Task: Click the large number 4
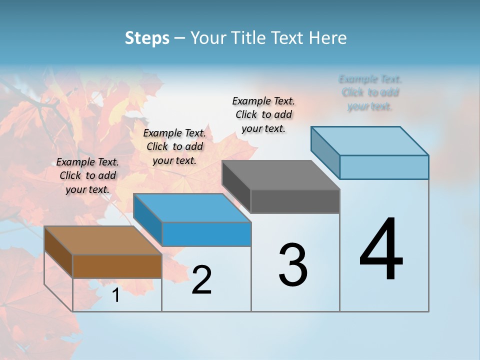381,249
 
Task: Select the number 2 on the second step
201,279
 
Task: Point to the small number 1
116,295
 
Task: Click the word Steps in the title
147,38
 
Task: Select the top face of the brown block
103,240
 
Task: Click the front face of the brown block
117,266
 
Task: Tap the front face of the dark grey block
295,201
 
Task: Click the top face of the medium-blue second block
192,208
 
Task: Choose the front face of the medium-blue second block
206,234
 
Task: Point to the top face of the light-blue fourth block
369,140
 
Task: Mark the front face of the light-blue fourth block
384,167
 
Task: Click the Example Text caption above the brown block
87,175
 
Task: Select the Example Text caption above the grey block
263,114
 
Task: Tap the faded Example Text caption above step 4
370,92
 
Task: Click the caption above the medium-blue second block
174,146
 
